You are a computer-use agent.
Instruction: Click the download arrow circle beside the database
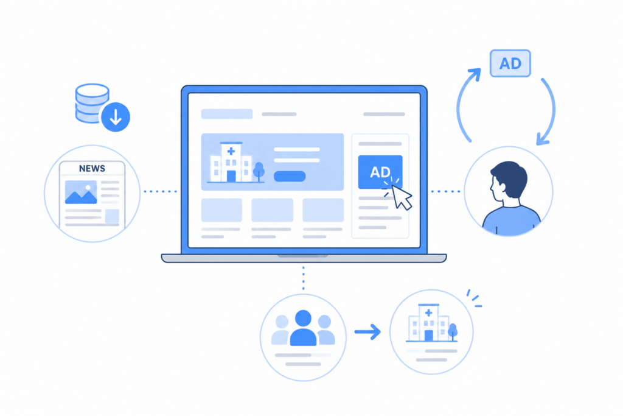pos(116,117)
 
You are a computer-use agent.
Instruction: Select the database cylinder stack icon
pos(91,102)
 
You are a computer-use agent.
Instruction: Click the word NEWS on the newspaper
pos(92,169)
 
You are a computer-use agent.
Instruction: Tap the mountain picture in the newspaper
pos(81,192)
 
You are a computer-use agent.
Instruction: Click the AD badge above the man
pos(510,63)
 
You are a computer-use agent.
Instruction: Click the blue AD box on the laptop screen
pos(380,172)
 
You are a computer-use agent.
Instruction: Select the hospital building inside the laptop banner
pos(231,162)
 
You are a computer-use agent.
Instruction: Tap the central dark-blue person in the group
pos(303,328)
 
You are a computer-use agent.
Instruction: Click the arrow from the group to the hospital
pos(367,332)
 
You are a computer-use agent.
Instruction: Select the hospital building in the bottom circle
pos(428,323)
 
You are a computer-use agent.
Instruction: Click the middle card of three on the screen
pos(272,210)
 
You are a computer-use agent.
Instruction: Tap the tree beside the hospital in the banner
pos(259,171)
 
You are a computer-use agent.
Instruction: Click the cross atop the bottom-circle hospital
pos(428,313)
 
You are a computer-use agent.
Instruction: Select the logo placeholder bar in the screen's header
pos(227,114)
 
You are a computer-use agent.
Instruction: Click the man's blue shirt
pos(511,220)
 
